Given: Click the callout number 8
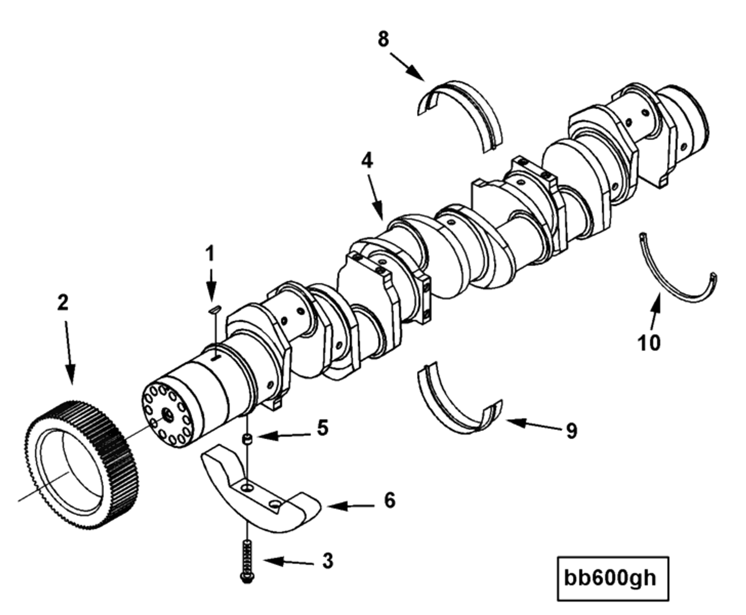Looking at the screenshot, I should click(x=383, y=39).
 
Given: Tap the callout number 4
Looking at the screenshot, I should click(x=367, y=161).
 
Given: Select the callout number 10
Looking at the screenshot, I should click(x=649, y=343).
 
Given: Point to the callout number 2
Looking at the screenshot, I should click(x=63, y=303).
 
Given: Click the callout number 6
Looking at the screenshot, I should click(x=389, y=500).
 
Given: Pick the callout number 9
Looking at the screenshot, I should click(x=571, y=431).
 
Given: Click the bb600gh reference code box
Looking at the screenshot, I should click(x=612, y=579).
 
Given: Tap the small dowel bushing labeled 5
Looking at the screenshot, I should click(x=246, y=440).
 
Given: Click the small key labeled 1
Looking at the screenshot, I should click(x=214, y=309).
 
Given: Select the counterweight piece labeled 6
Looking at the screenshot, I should click(x=258, y=497).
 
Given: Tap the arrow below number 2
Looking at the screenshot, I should click(x=69, y=351).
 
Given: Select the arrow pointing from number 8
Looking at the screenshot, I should click(x=407, y=67).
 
